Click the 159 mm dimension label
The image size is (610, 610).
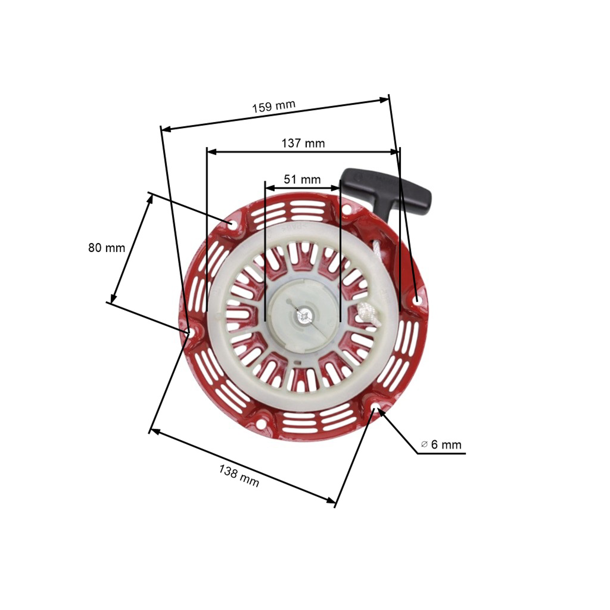point(273,106)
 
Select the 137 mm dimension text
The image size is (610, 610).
point(303,143)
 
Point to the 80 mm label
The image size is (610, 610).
point(107,248)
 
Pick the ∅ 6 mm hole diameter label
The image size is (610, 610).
point(441,444)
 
